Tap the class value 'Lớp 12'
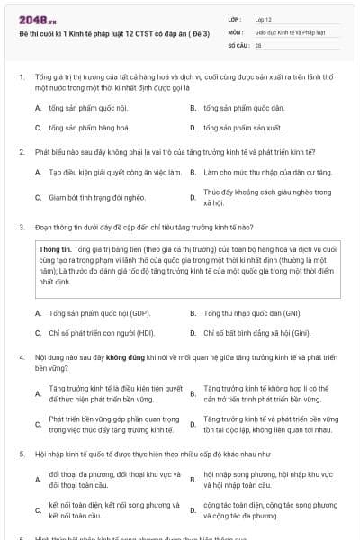pos(264,18)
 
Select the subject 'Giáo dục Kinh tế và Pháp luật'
pos(287,31)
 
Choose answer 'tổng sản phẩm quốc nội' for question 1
pos(83,107)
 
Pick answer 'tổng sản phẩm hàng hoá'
pos(83,128)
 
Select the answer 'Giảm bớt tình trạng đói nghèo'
pos(96,196)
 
